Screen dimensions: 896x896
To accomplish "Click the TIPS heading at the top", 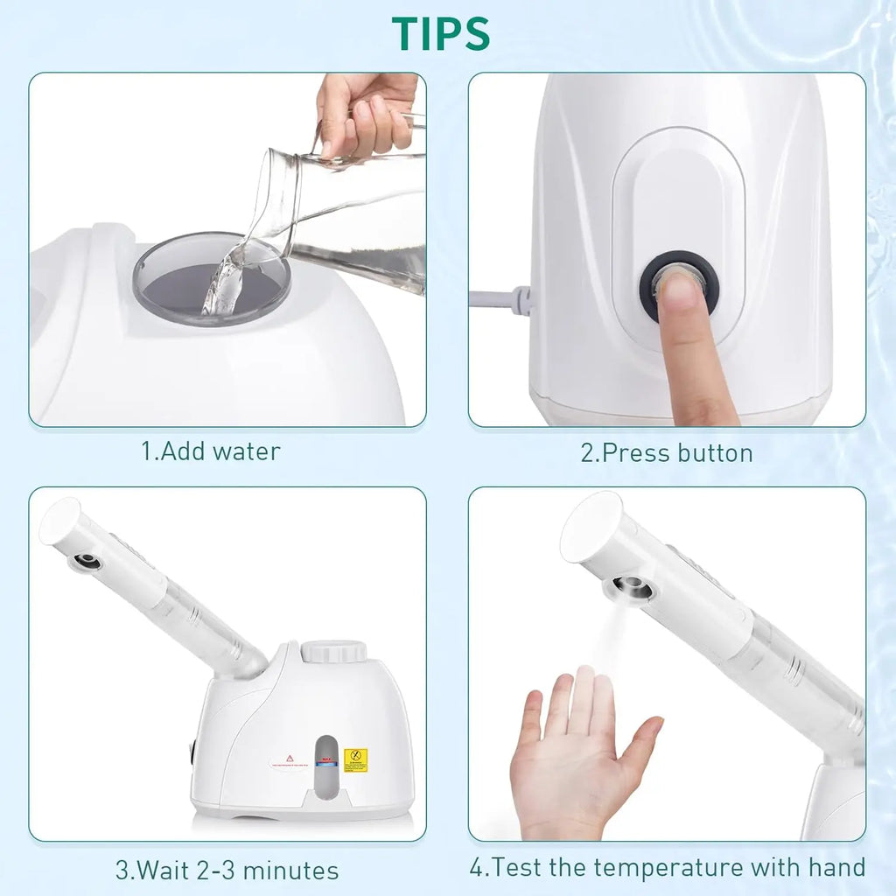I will tap(441, 32).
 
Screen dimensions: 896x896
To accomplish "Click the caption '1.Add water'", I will tap(211, 451).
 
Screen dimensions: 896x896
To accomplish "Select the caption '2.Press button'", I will tap(666, 452).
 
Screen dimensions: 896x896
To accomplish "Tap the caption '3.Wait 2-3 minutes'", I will tap(227, 871).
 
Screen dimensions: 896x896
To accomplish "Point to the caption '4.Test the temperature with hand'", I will tap(667, 868).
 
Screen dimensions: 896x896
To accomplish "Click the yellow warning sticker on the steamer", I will tap(355, 759).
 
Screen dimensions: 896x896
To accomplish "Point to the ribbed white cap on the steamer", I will tap(333, 652).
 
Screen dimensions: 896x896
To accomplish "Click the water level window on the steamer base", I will tap(325, 761).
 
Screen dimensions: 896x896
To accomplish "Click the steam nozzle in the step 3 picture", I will tap(86, 561).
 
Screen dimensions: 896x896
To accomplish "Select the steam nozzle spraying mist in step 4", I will tap(632, 588).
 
